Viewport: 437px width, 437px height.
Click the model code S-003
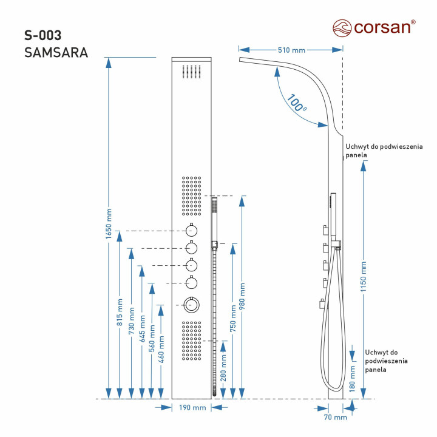43,35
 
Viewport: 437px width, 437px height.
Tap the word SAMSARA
56,53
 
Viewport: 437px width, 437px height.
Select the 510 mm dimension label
290,50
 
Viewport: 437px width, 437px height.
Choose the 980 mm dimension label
243,296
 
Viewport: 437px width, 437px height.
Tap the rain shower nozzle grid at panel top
192,72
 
